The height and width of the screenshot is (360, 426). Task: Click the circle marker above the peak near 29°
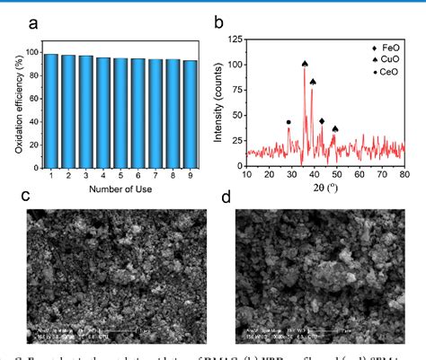coord(288,122)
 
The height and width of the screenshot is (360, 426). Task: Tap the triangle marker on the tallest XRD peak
coord(305,64)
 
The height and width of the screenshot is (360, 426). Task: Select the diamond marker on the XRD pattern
coord(322,120)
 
